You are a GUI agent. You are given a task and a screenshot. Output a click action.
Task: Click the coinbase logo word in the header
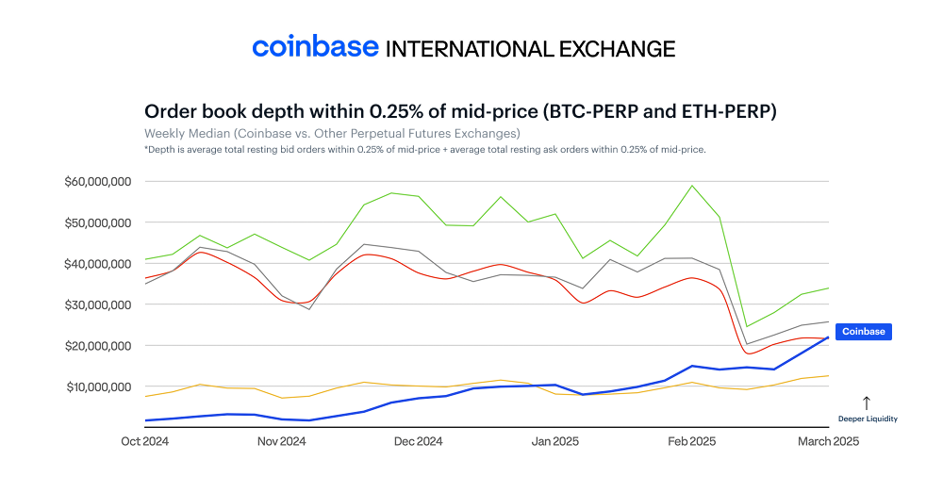pos(315,47)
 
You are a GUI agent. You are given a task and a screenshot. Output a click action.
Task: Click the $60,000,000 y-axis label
pos(98,181)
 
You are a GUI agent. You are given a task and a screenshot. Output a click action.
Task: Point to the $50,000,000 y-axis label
pos(98,222)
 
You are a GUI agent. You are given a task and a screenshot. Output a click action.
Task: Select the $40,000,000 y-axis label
pos(98,264)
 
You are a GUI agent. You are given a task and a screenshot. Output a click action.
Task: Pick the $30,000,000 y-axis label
pos(98,304)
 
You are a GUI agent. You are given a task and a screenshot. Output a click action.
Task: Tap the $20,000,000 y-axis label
pos(98,346)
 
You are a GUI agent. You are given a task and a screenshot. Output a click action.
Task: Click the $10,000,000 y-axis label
pos(98,386)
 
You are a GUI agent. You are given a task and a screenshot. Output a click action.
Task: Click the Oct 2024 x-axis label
pos(143,441)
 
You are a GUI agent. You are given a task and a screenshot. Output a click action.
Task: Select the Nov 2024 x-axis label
pos(281,441)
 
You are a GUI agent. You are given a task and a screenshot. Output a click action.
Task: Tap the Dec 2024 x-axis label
pos(418,441)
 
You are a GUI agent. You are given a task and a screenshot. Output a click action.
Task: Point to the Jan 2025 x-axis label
pos(554,441)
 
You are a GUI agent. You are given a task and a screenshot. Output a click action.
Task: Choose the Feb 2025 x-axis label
pos(691,441)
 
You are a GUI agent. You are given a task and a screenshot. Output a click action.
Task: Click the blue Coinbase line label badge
pos(863,332)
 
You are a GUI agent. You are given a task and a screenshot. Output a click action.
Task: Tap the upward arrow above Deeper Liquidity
pos(866,403)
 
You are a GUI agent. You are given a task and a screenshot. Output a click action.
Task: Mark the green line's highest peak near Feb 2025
pos(693,185)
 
